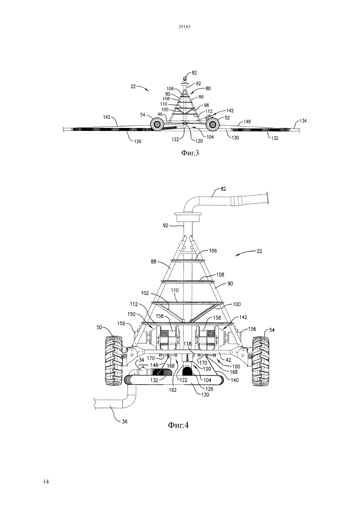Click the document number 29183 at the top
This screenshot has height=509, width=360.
(x=184, y=26)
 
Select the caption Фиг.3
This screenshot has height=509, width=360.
(x=190, y=153)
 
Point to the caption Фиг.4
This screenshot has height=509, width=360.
(x=178, y=425)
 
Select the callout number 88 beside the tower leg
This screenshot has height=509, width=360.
(x=153, y=262)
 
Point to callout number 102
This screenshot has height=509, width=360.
(x=145, y=293)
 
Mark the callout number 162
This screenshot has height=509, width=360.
(x=173, y=390)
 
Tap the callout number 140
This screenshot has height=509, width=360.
(x=234, y=380)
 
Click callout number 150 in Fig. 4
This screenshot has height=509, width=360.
(x=132, y=314)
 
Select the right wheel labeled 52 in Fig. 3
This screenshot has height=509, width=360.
(x=212, y=124)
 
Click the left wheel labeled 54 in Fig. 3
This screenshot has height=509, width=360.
(x=156, y=124)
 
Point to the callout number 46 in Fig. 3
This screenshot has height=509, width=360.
(x=160, y=114)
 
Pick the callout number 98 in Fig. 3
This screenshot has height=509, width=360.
(x=206, y=105)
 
